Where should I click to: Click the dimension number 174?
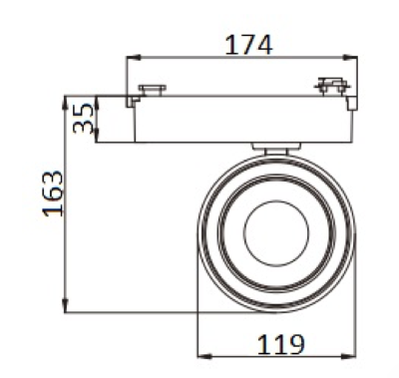[248, 45]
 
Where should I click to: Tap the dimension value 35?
[83, 119]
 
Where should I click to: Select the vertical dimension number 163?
[53, 193]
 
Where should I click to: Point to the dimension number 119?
[281, 344]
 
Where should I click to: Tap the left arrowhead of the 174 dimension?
[133, 58]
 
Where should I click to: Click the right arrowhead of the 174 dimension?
[350, 58]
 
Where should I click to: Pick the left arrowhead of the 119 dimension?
[204, 356]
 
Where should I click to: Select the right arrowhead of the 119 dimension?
[349, 356]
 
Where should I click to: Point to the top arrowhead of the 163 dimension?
[65, 103]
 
